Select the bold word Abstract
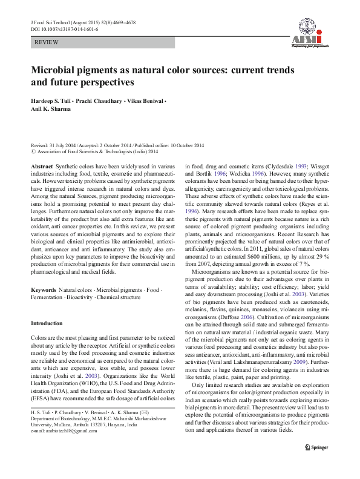tap(41, 165)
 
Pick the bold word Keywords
tap(44, 291)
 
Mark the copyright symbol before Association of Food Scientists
tap(33, 151)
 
